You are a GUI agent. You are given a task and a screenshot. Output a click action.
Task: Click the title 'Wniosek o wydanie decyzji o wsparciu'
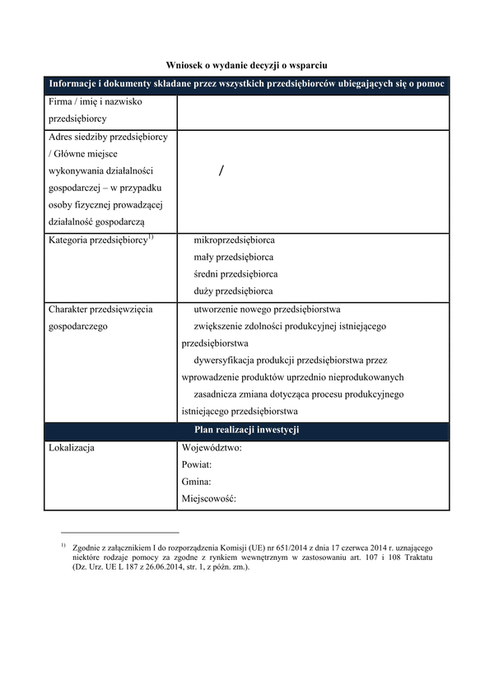tap(247, 63)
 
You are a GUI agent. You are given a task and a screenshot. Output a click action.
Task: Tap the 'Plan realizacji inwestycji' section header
tap(246, 430)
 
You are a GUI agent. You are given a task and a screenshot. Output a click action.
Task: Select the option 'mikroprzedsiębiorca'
tap(235, 240)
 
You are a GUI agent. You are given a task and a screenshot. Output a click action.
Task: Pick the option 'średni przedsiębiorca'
tap(235, 274)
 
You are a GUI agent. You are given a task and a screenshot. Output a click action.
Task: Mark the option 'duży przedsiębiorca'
tap(234, 291)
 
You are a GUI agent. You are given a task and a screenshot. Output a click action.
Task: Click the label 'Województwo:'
tap(211, 448)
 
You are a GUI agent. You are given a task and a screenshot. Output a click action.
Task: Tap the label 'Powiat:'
tap(197, 465)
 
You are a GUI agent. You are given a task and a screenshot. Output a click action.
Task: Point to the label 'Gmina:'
tap(196, 482)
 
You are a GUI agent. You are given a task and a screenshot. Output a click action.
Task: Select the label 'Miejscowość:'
tap(208, 500)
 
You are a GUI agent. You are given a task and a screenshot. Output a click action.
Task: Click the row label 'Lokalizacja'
tap(72, 448)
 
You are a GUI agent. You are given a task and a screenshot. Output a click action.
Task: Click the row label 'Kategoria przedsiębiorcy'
tap(96, 240)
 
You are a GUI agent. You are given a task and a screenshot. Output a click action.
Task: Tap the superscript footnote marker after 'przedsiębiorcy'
tap(151, 237)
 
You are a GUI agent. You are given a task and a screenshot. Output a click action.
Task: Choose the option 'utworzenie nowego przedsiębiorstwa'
tap(267, 310)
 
